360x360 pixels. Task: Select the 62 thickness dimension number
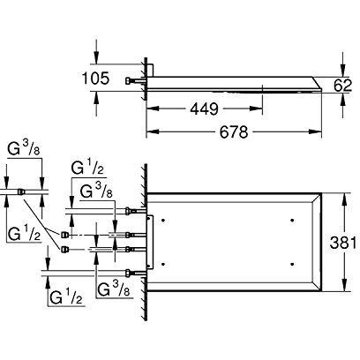pos(346,86)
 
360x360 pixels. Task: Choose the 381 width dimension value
pos(344,241)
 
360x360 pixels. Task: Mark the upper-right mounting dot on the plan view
pos(292,216)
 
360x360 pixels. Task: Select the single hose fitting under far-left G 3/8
pos(22,189)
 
